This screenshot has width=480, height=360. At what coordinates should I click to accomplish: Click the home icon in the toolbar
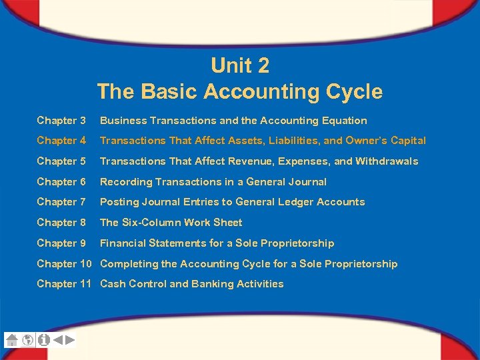[x=11, y=339]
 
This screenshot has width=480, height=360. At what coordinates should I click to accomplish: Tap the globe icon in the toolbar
[x=28, y=339]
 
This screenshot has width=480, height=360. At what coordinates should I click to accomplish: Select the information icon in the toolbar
[x=44, y=339]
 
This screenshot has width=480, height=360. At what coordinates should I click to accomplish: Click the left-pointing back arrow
[x=58, y=339]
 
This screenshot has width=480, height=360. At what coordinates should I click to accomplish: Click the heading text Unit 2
[x=239, y=65]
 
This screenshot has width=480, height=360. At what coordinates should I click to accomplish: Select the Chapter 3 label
[x=61, y=121]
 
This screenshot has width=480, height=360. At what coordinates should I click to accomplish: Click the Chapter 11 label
[x=64, y=284]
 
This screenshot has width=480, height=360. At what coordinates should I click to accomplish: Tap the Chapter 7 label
[x=61, y=202]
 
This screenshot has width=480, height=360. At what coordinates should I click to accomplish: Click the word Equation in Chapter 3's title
[x=342, y=121]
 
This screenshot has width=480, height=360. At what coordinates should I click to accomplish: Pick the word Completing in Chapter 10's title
[x=129, y=264]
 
